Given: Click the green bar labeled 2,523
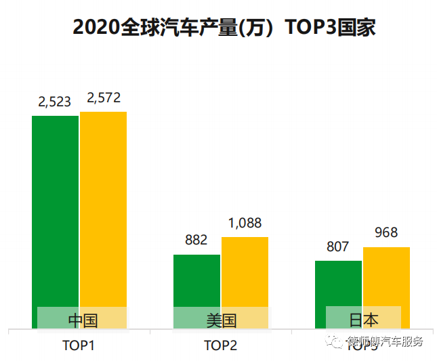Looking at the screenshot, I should coord(56,210).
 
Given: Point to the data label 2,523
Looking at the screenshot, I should coord(54,102).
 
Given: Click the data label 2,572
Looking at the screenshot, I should coord(104,98).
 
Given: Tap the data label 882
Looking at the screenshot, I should coord(196,240).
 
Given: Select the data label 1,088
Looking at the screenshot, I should coord(245,223).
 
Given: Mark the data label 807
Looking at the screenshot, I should coord(337,247).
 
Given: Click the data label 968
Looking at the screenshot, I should coord(386,233).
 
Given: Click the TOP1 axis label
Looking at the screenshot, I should coord(78,345).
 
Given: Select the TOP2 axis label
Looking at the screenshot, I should coord(220,345).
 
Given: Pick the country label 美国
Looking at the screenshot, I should coord(222,320).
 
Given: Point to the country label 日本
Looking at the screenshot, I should coord(363,320).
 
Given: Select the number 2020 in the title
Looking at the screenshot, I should coord(95,28).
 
